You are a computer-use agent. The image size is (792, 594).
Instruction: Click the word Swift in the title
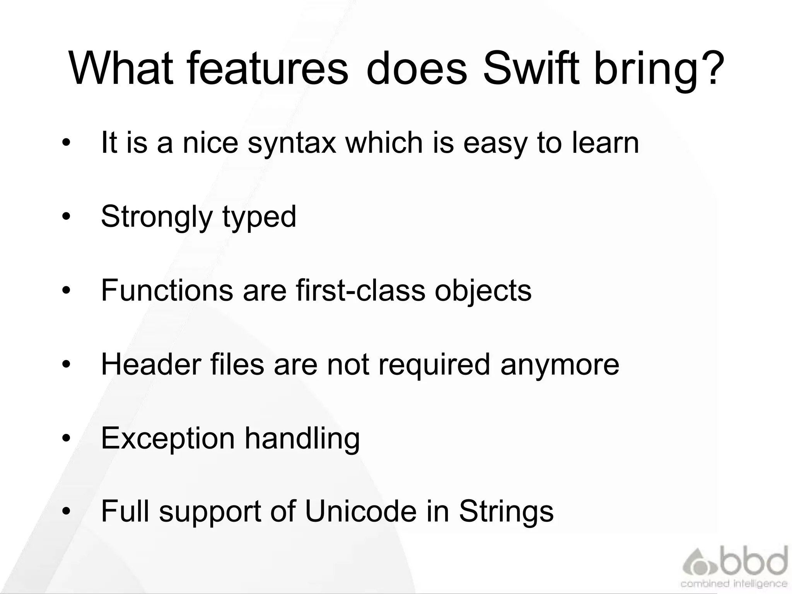532,69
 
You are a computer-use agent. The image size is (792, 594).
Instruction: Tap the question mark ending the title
710,69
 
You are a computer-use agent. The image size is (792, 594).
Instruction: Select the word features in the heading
268,69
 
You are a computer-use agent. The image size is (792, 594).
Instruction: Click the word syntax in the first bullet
292,143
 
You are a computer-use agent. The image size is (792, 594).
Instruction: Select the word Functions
167,290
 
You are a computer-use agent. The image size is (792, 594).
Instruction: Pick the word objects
483,291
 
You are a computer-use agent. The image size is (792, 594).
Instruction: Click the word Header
151,364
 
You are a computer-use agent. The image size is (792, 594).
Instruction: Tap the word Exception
168,439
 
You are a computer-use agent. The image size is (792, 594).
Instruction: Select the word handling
302,439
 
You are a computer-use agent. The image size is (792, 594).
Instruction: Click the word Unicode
361,511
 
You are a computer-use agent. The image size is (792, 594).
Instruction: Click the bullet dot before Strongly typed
67,217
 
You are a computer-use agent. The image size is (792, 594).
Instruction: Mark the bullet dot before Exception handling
67,438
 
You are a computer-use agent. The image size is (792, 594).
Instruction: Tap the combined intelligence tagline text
734,583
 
